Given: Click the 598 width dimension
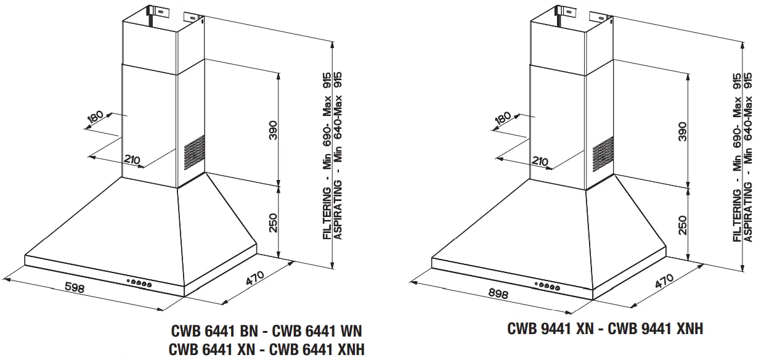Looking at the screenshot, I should point(74,288).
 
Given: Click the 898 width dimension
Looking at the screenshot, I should point(498,293).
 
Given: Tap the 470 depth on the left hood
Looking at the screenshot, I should point(255,280).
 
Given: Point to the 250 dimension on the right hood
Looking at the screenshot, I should point(682,225).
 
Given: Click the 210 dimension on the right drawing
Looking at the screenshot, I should point(538,162).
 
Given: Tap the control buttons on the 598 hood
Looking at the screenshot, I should point(140,284).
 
